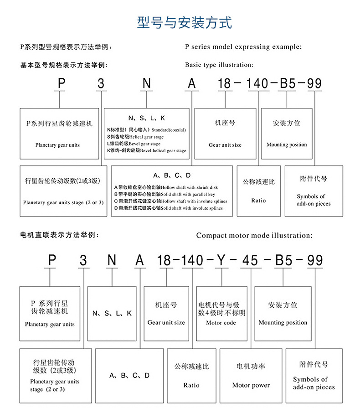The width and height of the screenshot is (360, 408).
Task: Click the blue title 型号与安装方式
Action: pyautogui.click(x=184, y=22)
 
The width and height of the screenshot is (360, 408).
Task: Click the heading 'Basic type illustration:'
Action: pyautogui.click(x=219, y=65)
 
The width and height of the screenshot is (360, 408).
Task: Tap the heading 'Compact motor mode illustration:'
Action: pyautogui.click(x=254, y=236)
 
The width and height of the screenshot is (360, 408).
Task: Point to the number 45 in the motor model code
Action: pyautogui.click(x=250, y=260)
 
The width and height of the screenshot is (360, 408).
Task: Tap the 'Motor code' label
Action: pyautogui.click(x=221, y=323)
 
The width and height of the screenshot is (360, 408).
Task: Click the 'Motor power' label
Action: pyautogui.click(x=251, y=385)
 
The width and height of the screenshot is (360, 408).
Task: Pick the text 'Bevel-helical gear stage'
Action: pyautogui.click(x=163, y=150)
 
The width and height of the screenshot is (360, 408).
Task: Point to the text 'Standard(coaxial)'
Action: pyautogui.click(x=169, y=130)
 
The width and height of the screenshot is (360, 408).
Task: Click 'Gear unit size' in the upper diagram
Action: pyautogui.click(x=225, y=145)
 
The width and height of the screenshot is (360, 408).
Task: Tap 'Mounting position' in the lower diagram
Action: pyautogui.click(x=283, y=322)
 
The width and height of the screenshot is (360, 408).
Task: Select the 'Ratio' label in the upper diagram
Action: pyautogui.click(x=258, y=200)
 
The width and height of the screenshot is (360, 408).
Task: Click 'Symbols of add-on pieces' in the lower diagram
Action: pyautogui.click(x=314, y=383)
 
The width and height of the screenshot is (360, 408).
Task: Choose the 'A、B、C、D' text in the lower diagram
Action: pyautogui.click(x=129, y=376)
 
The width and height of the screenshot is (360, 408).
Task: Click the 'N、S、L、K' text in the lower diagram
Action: pyautogui.click(x=112, y=313)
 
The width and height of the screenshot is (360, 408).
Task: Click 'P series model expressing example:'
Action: pyautogui.click(x=243, y=46)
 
